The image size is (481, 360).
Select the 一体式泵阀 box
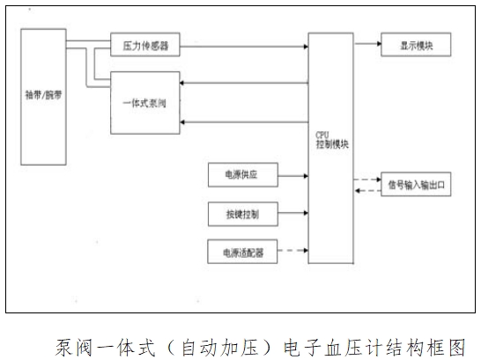144,104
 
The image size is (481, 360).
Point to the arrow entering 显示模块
366,42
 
